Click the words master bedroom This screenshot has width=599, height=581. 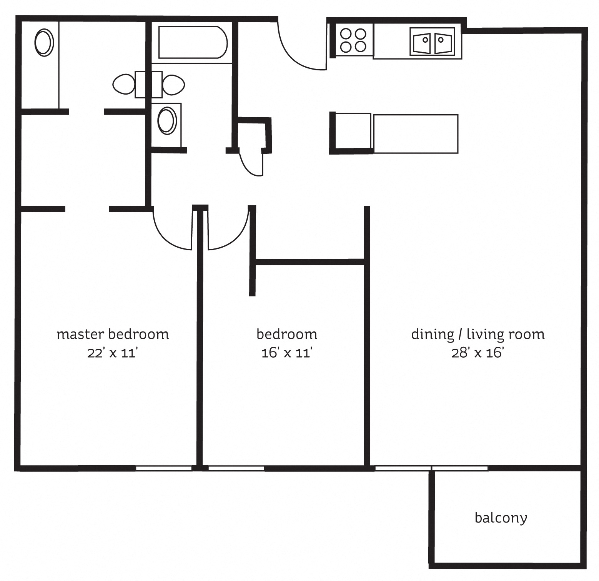pyautogui.click(x=113, y=334)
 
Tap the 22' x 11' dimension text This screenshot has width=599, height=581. pyautogui.click(x=112, y=353)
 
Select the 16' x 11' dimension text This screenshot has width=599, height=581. pyautogui.click(x=286, y=353)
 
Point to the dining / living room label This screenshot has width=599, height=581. pyautogui.click(x=478, y=334)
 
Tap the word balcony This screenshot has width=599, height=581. pyautogui.click(x=501, y=518)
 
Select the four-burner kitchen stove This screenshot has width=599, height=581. pyautogui.click(x=353, y=40)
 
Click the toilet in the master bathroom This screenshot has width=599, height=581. pyautogui.click(x=124, y=84)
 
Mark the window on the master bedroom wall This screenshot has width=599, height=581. pyautogui.click(x=164, y=468)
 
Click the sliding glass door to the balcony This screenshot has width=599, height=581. pyautogui.click(x=431, y=468)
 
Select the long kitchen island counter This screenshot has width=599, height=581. pyautogui.click(x=416, y=134)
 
